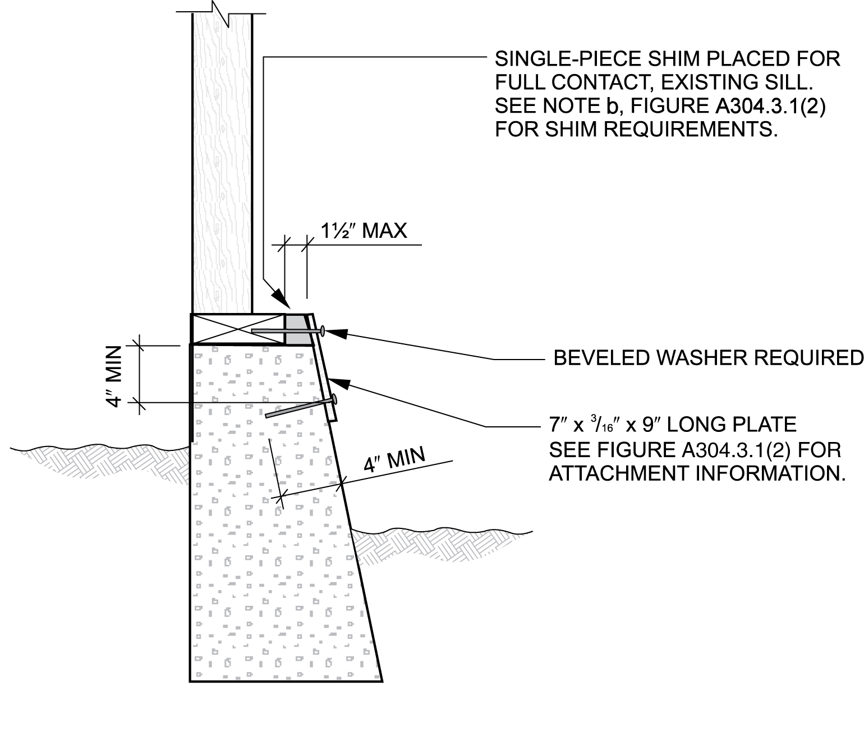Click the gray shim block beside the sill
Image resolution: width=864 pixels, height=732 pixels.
pyautogui.click(x=295, y=330)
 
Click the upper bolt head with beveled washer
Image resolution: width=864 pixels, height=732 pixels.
pyautogui.click(x=323, y=331)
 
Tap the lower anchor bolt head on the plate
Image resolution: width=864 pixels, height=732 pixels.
pyautogui.click(x=334, y=399)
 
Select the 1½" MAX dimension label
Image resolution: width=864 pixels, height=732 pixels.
pyautogui.click(x=363, y=231)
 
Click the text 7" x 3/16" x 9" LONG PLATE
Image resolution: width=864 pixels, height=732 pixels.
pyautogui.click(x=672, y=425)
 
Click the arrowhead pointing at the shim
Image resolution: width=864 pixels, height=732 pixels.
pyautogui.click(x=282, y=300)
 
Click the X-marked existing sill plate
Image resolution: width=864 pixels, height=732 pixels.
pyautogui.click(x=238, y=329)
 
